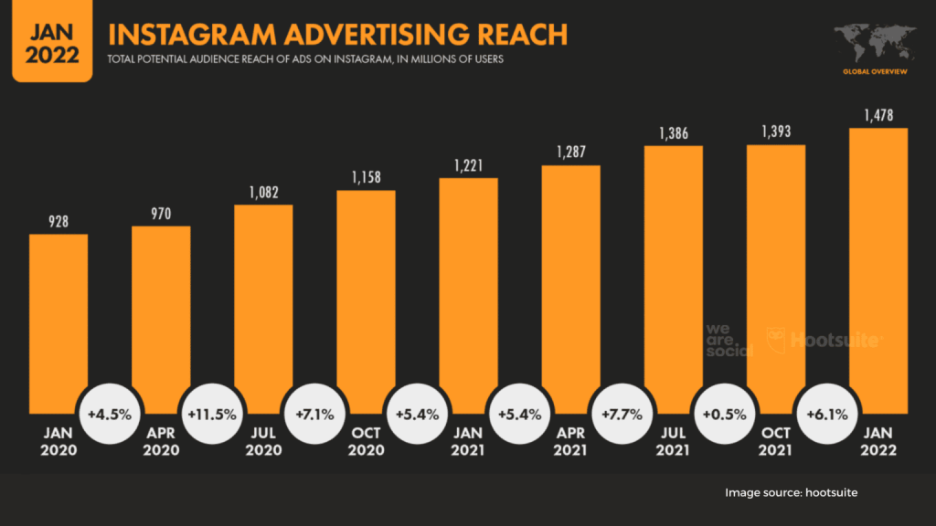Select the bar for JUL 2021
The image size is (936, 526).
(674, 274)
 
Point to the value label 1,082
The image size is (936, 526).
(263, 193)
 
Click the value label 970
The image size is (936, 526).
(161, 215)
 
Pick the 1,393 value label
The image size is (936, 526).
(776, 132)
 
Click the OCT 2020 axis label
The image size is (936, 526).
(366, 443)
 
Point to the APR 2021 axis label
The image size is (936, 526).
(571, 443)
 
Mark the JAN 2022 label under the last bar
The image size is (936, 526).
(878, 443)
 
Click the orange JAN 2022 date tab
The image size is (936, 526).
(46, 40)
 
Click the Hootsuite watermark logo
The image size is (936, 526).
(823, 340)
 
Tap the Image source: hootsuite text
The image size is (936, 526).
(792, 493)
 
